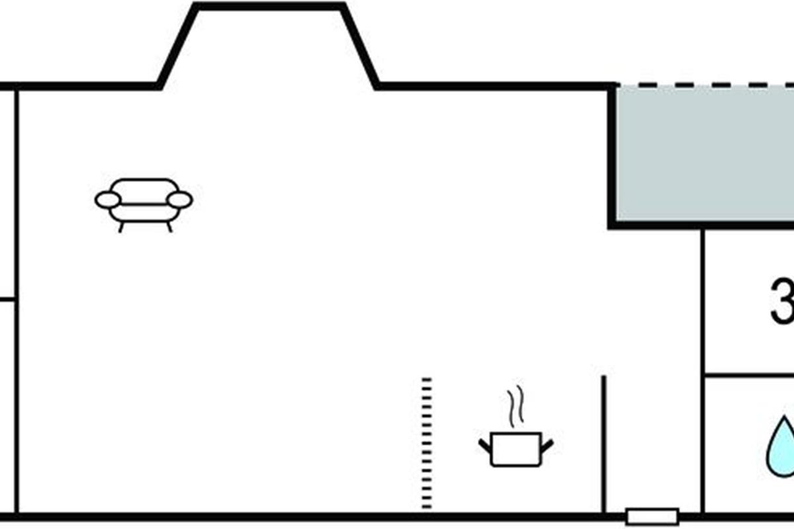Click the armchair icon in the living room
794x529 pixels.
(144, 202)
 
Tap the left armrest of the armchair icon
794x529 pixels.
(108, 200)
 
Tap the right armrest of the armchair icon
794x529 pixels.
(179, 200)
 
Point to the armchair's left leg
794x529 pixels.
(121, 227)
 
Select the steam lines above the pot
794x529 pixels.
(516, 406)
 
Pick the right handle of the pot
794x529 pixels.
(547, 445)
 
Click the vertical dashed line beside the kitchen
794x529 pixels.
(427, 443)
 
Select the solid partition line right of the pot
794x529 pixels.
(603, 443)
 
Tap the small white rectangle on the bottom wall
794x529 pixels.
(652, 516)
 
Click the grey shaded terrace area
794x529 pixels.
(705, 155)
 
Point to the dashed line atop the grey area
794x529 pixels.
(705, 85)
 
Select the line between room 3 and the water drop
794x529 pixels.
(748, 375)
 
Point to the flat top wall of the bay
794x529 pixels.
(270, 7)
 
